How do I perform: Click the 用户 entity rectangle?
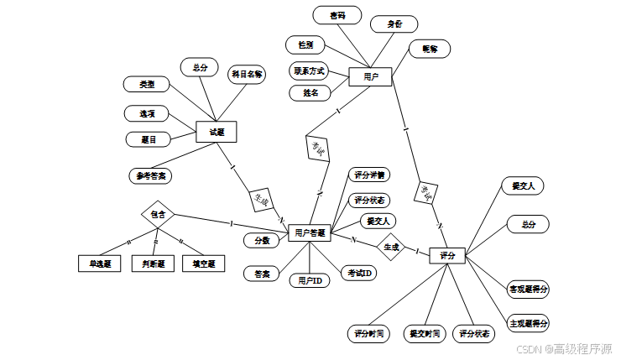(x=370, y=77)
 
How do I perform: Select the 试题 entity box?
(x=216, y=132)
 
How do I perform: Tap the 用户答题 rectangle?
(x=310, y=232)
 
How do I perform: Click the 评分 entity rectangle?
(x=446, y=254)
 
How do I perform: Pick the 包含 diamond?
(x=157, y=214)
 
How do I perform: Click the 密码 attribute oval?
(x=337, y=15)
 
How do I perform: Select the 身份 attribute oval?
(x=394, y=23)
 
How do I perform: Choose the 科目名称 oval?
(x=248, y=74)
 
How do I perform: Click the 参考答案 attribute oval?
(x=151, y=176)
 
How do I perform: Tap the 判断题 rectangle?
(x=154, y=263)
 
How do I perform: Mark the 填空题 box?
(x=204, y=263)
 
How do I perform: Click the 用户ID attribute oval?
(x=310, y=280)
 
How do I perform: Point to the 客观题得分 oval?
(x=529, y=290)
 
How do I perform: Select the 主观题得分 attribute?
(x=529, y=323)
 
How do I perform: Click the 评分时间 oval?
(x=368, y=333)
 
